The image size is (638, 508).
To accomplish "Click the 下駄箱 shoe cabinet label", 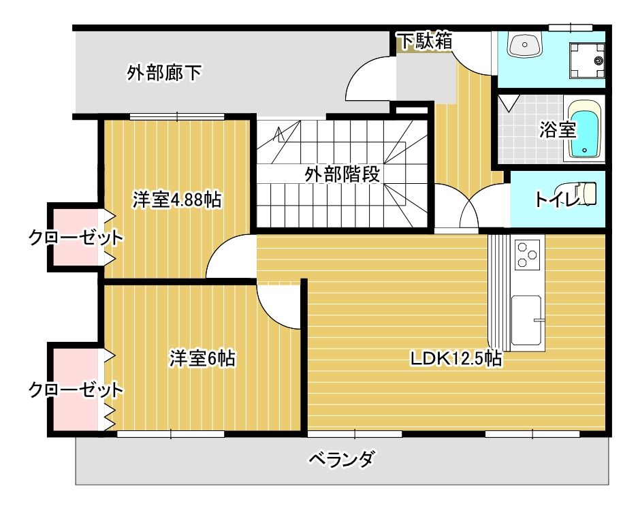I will tap(426, 41).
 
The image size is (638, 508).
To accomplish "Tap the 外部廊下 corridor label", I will tap(163, 73).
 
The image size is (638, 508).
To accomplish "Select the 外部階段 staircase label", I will tap(342, 174).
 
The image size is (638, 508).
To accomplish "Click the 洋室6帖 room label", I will tap(202, 358).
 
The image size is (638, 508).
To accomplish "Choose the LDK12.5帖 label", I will tap(456, 358).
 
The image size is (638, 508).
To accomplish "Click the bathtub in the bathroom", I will tap(585, 131).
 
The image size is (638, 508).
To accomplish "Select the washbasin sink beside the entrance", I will tap(524, 45).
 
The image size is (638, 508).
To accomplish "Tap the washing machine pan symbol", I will tap(587, 60).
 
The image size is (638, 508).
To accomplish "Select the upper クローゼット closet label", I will tap(76, 238).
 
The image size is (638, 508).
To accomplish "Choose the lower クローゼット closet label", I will tap(76, 390).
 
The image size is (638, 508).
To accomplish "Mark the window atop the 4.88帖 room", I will tap(178, 116).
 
